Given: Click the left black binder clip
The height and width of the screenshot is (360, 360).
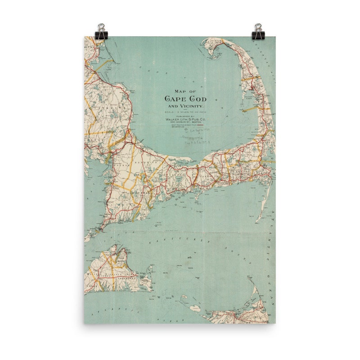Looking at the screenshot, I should (x=101, y=31).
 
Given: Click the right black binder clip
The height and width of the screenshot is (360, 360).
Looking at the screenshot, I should (x=258, y=31).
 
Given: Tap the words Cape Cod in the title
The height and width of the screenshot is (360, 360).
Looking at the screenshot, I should (x=180, y=99).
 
